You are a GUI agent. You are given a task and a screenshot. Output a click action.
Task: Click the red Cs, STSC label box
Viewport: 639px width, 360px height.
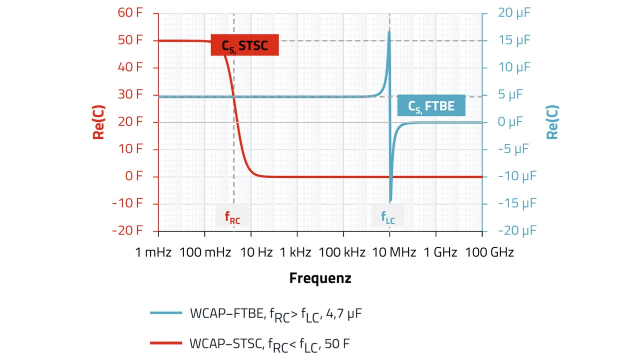pyautogui.click(x=245, y=45)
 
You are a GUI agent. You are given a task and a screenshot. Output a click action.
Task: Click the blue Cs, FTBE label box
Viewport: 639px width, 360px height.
pyautogui.click(x=431, y=106)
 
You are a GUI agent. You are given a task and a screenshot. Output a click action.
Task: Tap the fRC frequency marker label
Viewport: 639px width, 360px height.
pyautogui.click(x=232, y=217)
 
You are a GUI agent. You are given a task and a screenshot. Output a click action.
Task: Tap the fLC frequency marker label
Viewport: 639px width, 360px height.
pyautogui.click(x=388, y=217)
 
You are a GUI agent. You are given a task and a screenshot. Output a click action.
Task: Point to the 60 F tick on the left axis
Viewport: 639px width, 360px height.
pyautogui.click(x=130, y=13)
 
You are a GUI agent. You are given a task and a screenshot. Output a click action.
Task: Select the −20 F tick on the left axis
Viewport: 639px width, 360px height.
pyautogui.click(x=127, y=231)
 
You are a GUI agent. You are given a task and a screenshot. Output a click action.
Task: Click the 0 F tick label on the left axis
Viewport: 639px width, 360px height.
pyautogui.click(x=133, y=176)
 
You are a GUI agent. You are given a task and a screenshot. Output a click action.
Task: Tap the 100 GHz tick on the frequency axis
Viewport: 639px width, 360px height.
pyautogui.click(x=489, y=253)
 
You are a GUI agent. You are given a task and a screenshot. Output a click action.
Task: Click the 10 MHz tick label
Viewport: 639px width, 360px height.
pyautogui.click(x=394, y=253)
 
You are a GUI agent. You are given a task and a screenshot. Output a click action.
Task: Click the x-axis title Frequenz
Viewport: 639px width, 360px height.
pyautogui.click(x=320, y=278)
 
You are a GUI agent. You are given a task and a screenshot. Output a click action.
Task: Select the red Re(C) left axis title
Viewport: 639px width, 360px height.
pyautogui.click(x=98, y=122)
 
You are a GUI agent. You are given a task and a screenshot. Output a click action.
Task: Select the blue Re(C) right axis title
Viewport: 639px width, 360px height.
pyautogui.click(x=552, y=122)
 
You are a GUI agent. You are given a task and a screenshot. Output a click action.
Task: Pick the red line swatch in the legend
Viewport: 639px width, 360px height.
pyautogui.click(x=166, y=343)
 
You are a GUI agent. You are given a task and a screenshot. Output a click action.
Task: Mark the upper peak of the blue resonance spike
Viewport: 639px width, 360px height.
pyautogui.click(x=389, y=32)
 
